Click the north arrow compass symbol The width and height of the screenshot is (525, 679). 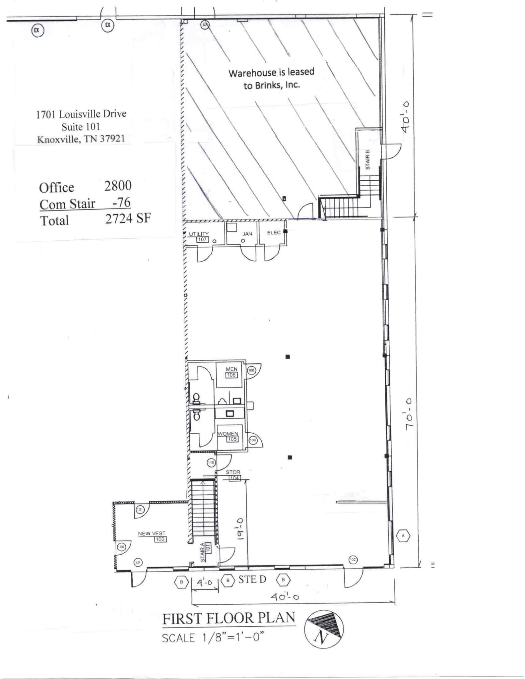point(324,629)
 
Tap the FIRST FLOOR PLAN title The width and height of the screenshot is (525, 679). point(229,618)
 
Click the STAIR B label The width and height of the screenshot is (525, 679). point(367,160)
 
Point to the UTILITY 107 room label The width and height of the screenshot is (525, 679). point(199,236)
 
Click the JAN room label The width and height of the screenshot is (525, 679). point(247,234)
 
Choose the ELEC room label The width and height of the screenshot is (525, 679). point(274,232)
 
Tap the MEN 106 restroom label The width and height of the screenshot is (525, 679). point(231,372)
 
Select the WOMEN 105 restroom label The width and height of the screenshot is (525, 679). point(228,436)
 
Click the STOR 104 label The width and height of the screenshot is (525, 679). point(233,475)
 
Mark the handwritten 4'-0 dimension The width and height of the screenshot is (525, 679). point(204,582)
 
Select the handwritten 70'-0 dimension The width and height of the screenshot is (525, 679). point(409,414)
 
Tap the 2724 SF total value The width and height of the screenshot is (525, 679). point(128,218)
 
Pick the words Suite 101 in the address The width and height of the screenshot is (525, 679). point(81,127)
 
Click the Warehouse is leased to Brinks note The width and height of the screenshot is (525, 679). point(271,79)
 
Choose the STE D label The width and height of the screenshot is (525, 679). point(252,579)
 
